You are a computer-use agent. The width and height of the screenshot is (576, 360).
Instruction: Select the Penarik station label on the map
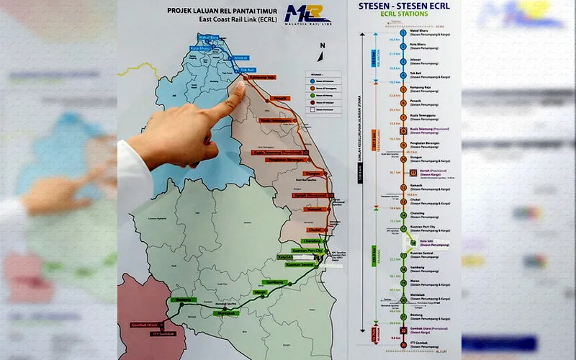[281, 97]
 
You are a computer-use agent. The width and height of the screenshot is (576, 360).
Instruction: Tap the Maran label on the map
[260, 292]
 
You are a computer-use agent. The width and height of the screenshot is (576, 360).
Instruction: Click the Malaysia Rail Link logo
[308, 15]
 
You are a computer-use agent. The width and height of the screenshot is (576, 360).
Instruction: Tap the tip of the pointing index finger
[239, 85]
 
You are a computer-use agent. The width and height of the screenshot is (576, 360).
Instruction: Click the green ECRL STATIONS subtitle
[403, 18]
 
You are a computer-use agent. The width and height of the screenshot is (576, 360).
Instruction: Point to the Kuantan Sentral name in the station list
[425, 253]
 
